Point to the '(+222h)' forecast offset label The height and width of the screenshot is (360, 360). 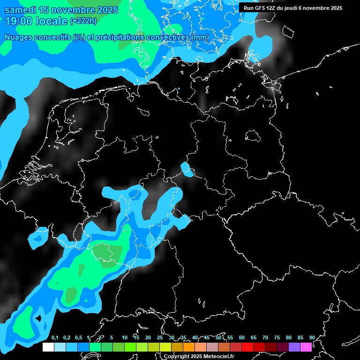83,21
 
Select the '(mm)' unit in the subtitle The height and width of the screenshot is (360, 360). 199,37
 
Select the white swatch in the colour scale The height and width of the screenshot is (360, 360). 48,347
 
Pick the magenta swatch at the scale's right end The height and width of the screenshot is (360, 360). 306,347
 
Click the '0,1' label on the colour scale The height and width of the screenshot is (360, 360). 55,338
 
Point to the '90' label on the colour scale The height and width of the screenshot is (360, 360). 312,338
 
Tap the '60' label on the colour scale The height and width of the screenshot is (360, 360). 242,338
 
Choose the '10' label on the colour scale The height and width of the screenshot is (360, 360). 124,338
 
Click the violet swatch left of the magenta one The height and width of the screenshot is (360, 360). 294,347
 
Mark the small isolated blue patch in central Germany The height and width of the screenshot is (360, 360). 187,170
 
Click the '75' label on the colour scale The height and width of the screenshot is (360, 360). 277,338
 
